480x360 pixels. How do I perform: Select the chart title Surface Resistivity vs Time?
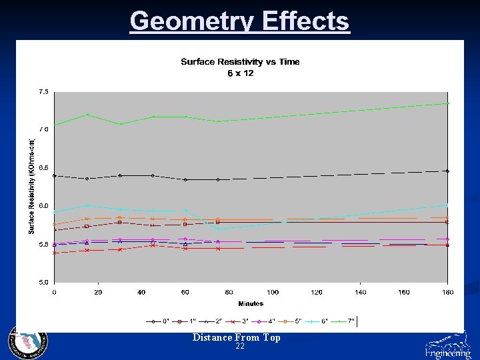point(240,62)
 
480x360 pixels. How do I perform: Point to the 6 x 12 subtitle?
point(240,73)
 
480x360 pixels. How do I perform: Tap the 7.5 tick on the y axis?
point(43,91)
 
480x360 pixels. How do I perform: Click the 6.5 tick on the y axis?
point(43,168)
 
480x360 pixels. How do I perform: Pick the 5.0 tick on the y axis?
point(43,283)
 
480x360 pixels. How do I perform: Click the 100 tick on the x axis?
point(273,293)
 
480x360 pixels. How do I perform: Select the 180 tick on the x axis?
point(447,293)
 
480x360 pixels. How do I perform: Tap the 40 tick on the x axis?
point(141,293)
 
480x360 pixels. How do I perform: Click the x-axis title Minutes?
point(251,303)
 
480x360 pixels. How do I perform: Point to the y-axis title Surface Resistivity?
point(32,186)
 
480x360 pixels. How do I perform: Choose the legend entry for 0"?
point(159,321)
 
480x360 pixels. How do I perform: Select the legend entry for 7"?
point(343,321)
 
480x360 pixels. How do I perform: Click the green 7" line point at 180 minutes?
point(447,103)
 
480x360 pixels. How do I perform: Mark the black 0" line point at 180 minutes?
point(447,171)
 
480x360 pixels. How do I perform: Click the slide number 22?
point(240,347)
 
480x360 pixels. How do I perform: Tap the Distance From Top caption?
point(237,337)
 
